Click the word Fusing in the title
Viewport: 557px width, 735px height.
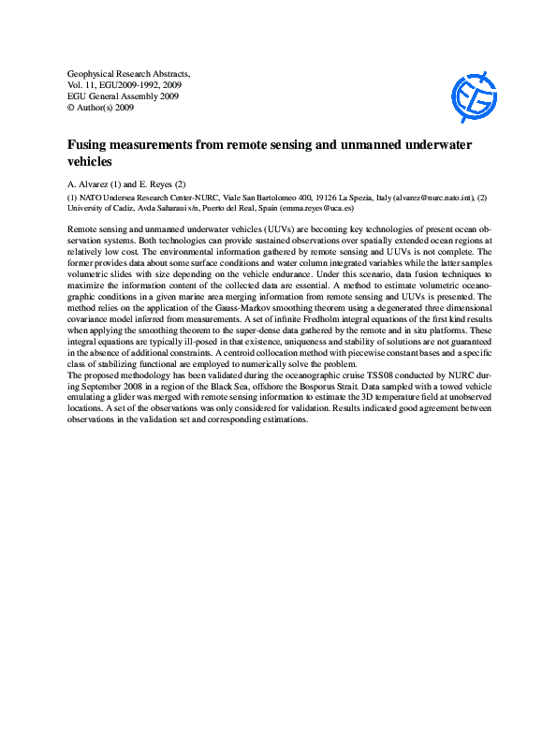tap(90, 146)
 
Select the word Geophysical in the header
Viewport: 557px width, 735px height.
tap(96, 72)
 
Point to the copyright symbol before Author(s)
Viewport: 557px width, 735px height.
tap(72, 108)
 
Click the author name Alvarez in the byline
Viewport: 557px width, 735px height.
tap(95, 184)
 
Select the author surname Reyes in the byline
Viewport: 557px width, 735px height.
tap(157, 184)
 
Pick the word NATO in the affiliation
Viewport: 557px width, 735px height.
tap(94, 198)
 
